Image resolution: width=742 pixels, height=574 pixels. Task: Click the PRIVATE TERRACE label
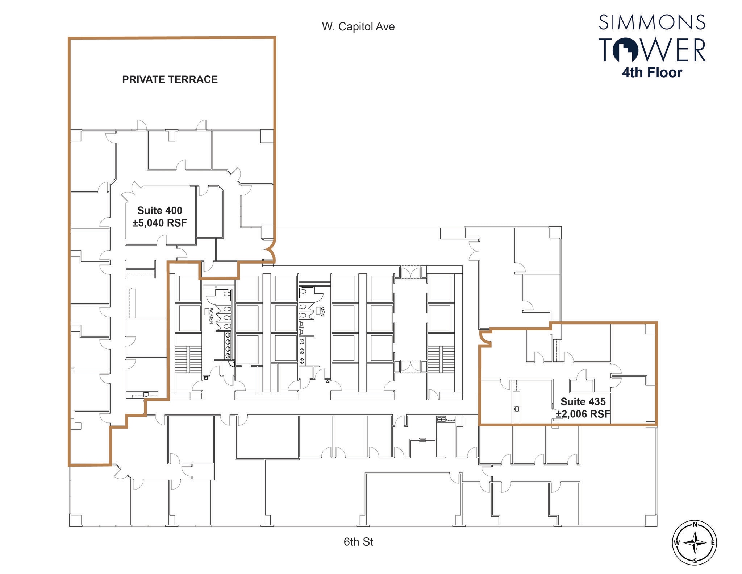pos(170,79)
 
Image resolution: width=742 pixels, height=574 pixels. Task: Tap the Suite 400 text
pos(160,210)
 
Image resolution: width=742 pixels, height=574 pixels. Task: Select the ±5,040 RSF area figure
pos(160,223)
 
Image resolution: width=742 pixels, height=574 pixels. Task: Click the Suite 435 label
pos(583,401)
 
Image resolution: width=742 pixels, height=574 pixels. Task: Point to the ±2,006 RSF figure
pos(583,414)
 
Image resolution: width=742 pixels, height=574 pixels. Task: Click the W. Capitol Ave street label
pos(358,26)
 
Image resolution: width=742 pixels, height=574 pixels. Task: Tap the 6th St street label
pos(358,542)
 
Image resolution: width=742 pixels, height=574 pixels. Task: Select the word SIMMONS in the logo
pos(652,22)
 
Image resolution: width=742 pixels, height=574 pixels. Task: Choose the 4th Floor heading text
pos(652,73)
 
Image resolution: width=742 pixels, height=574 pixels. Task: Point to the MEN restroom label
pos(322,311)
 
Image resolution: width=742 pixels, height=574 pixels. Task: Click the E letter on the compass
pos(713,553)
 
